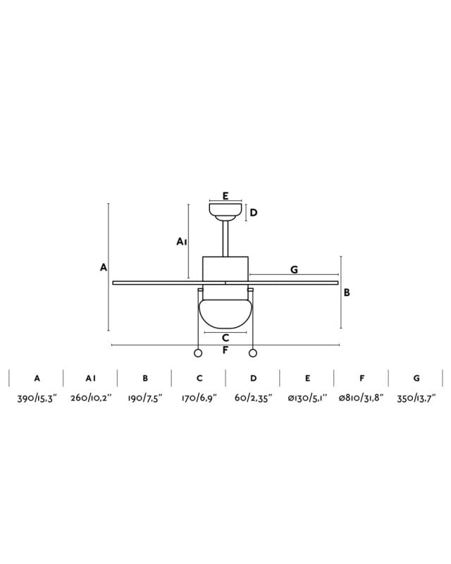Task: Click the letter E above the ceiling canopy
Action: pos(225,196)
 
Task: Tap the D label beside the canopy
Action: pos(254,213)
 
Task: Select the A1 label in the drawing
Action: pos(181,242)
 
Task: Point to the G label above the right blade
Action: pos(294,269)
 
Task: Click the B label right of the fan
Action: pos(347,293)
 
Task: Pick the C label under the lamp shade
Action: pos(225,338)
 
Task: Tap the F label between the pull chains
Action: pos(225,350)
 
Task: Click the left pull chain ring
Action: pos(198,353)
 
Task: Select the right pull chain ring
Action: pos(253,353)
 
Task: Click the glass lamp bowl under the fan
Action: pos(225,314)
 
